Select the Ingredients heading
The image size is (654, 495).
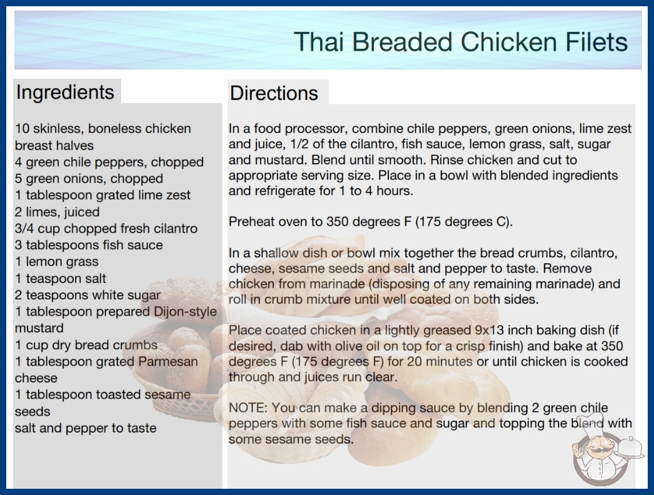pyautogui.click(x=65, y=92)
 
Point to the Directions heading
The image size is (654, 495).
pyautogui.click(x=274, y=93)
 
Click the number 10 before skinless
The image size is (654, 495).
pyautogui.click(x=22, y=129)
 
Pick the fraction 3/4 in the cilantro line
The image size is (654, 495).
pyautogui.click(x=24, y=229)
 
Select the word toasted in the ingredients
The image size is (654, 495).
pyautogui.click(x=120, y=394)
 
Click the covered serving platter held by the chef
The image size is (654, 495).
pyautogui.click(x=631, y=447)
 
